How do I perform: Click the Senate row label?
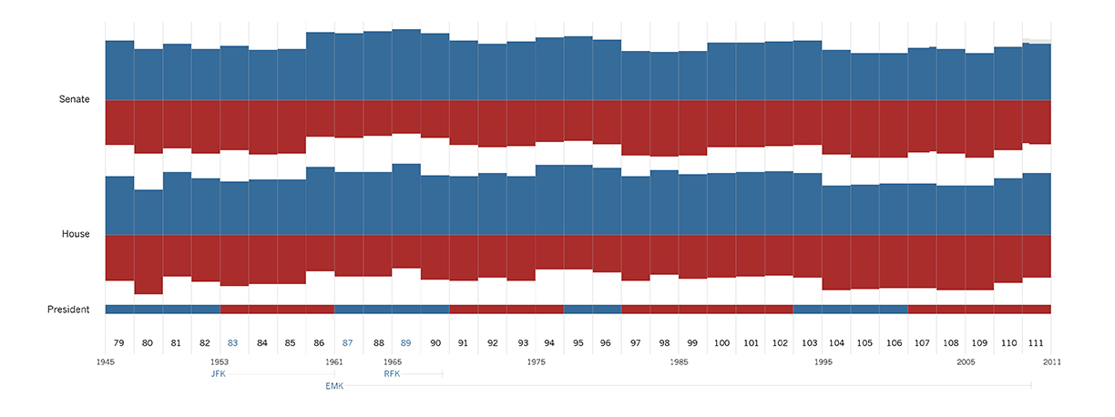[x=75, y=99]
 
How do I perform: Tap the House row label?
[x=76, y=234]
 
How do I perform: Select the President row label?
[x=68, y=310]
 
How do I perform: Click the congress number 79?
[x=119, y=343]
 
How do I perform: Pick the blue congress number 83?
[x=233, y=343]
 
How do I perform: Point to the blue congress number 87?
[x=348, y=343]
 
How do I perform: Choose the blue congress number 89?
[x=405, y=343]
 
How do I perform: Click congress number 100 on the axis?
[x=721, y=343]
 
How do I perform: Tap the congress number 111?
[x=1037, y=343]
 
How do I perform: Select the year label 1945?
[x=106, y=361]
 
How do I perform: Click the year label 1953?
[x=220, y=361]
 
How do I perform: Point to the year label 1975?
[x=536, y=361]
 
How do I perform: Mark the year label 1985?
[x=679, y=361]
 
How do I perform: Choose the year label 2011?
[x=1051, y=361]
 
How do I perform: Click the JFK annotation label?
[x=218, y=374]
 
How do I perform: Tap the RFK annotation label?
[x=392, y=374]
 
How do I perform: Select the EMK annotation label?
[x=333, y=386]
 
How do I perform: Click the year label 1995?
[x=823, y=361]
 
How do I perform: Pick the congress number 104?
[x=836, y=343]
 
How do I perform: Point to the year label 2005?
[x=966, y=361]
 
